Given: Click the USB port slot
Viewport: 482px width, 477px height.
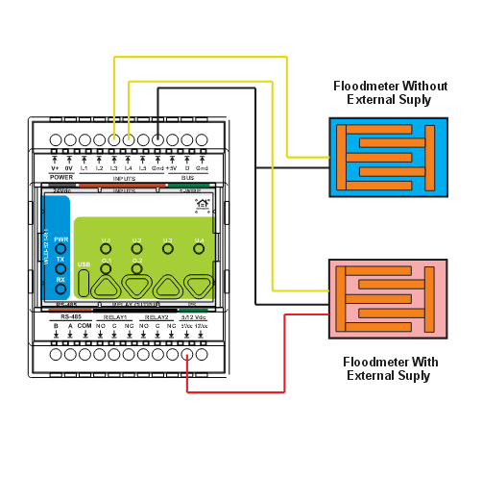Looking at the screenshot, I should pyautogui.click(x=84, y=282).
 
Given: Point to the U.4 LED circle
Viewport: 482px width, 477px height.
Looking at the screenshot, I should pyautogui.click(x=200, y=248).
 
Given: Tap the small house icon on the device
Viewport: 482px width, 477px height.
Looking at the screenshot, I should pyautogui.click(x=202, y=203).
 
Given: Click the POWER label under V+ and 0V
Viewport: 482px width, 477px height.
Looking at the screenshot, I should pyautogui.click(x=61, y=178).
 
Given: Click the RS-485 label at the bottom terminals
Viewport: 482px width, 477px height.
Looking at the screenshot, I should pyautogui.click(x=69, y=315).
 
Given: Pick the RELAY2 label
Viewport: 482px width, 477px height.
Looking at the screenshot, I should pyautogui.click(x=157, y=315).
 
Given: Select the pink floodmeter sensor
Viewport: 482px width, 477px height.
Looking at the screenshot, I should pyautogui.click(x=388, y=296).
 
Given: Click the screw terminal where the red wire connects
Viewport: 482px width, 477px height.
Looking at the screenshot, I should pyautogui.click(x=187, y=353).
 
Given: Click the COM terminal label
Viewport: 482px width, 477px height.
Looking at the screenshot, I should pyautogui.click(x=84, y=326).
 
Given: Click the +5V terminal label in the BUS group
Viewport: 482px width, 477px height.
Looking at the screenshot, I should pyautogui.click(x=172, y=168).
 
